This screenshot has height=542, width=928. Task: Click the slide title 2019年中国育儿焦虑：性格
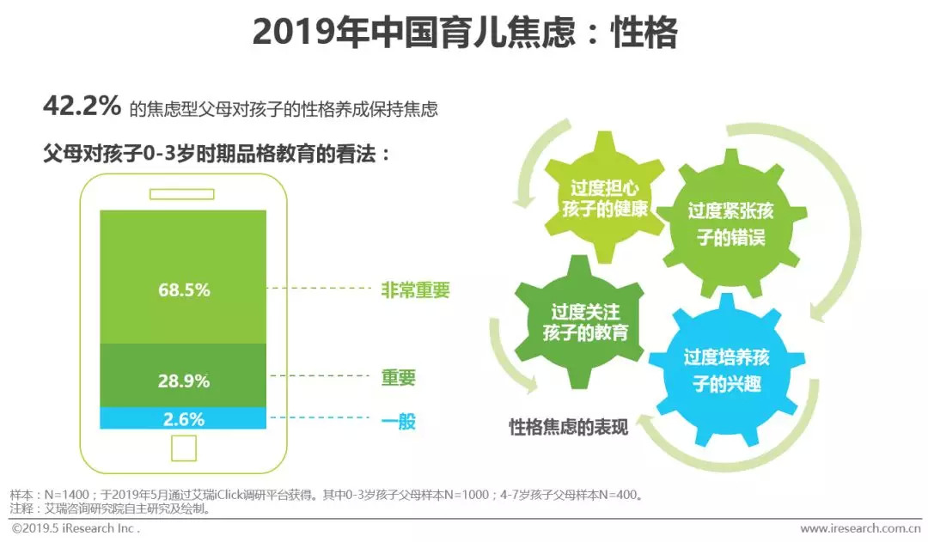pyautogui.click(x=465, y=32)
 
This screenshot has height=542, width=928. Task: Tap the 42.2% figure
pyautogui.click(x=82, y=107)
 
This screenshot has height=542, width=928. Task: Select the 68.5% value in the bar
pyautogui.click(x=184, y=290)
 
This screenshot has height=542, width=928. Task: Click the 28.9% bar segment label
pyautogui.click(x=184, y=381)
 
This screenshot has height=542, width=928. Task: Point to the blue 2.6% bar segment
pyautogui.click(x=183, y=417)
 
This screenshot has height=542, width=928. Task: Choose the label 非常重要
pyautogui.click(x=416, y=290)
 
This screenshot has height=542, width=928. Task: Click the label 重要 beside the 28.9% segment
pyautogui.click(x=399, y=377)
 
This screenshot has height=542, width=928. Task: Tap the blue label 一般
pyautogui.click(x=399, y=421)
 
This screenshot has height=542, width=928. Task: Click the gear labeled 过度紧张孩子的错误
pyautogui.click(x=731, y=223)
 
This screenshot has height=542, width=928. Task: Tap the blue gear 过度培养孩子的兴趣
pyautogui.click(x=727, y=370)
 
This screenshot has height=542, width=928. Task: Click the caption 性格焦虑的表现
pyautogui.click(x=569, y=427)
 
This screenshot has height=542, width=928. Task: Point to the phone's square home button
pyautogui.click(x=184, y=448)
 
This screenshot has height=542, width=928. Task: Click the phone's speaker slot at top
pyautogui.click(x=181, y=194)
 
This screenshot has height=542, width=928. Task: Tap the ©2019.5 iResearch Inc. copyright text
pyautogui.click(x=75, y=528)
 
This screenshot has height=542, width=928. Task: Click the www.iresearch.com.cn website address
pyautogui.click(x=860, y=528)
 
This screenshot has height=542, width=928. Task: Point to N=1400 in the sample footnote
pyautogui.click(x=67, y=495)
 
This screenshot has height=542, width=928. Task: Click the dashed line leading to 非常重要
pyautogui.click(x=319, y=288)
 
